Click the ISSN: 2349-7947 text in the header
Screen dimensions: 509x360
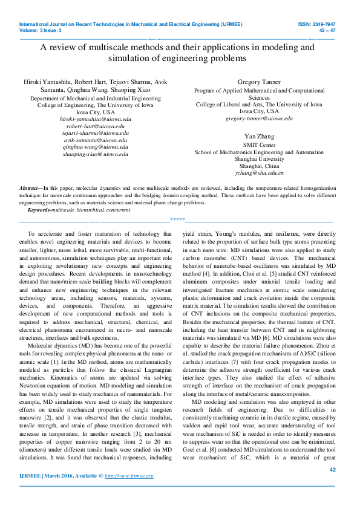click(316, 24)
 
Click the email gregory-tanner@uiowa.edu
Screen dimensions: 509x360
click(259, 118)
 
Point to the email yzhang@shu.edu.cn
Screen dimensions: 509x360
click(259, 172)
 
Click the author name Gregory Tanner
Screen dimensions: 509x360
click(259, 82)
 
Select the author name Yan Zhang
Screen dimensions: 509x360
click(259, 136)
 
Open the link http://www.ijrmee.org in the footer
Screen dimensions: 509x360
click(129, 476)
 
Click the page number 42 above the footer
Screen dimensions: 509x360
click(332, 468)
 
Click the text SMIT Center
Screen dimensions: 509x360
click(259, 145)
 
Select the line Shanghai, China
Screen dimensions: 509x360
click(259, 166)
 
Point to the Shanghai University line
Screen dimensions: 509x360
click(259, 159)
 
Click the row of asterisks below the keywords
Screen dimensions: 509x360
click(177, 219)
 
